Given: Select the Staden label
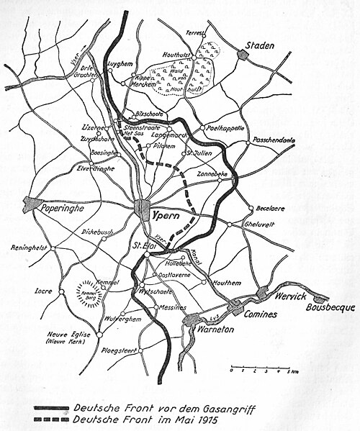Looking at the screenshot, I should pos(261,45).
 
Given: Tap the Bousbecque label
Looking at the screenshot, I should pos(332,307).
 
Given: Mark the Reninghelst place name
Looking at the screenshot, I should pos(30,248).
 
